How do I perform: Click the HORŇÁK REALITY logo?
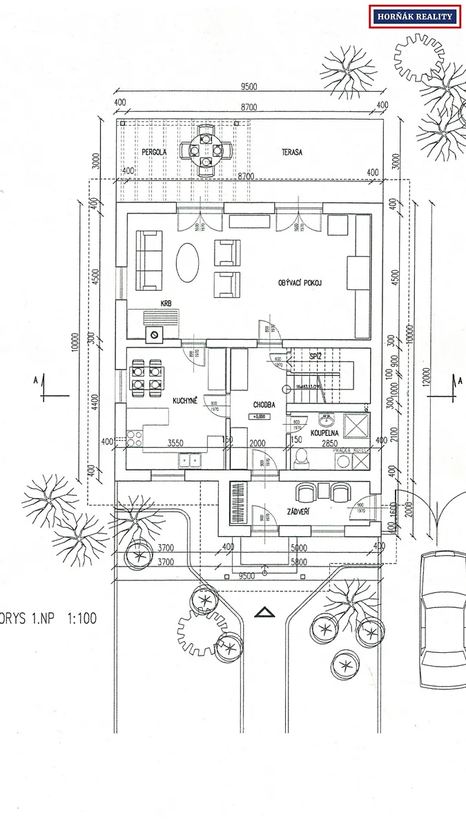tap(415, 17)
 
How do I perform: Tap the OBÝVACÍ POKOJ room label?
tap(300, 283)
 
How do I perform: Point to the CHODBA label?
tap(264, 405)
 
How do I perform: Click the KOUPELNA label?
tap(324, 433)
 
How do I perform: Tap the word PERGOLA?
tap(155, 151)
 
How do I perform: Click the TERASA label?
tap(293, 151)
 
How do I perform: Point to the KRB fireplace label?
tap(166, 303)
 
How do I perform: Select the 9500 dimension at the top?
tap(249, 87)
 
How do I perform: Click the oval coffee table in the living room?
tap(190, 263)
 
